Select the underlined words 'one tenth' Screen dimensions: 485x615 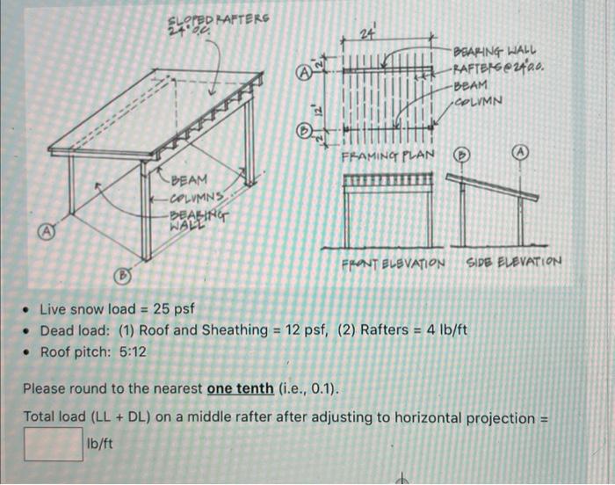coord(242,388)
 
